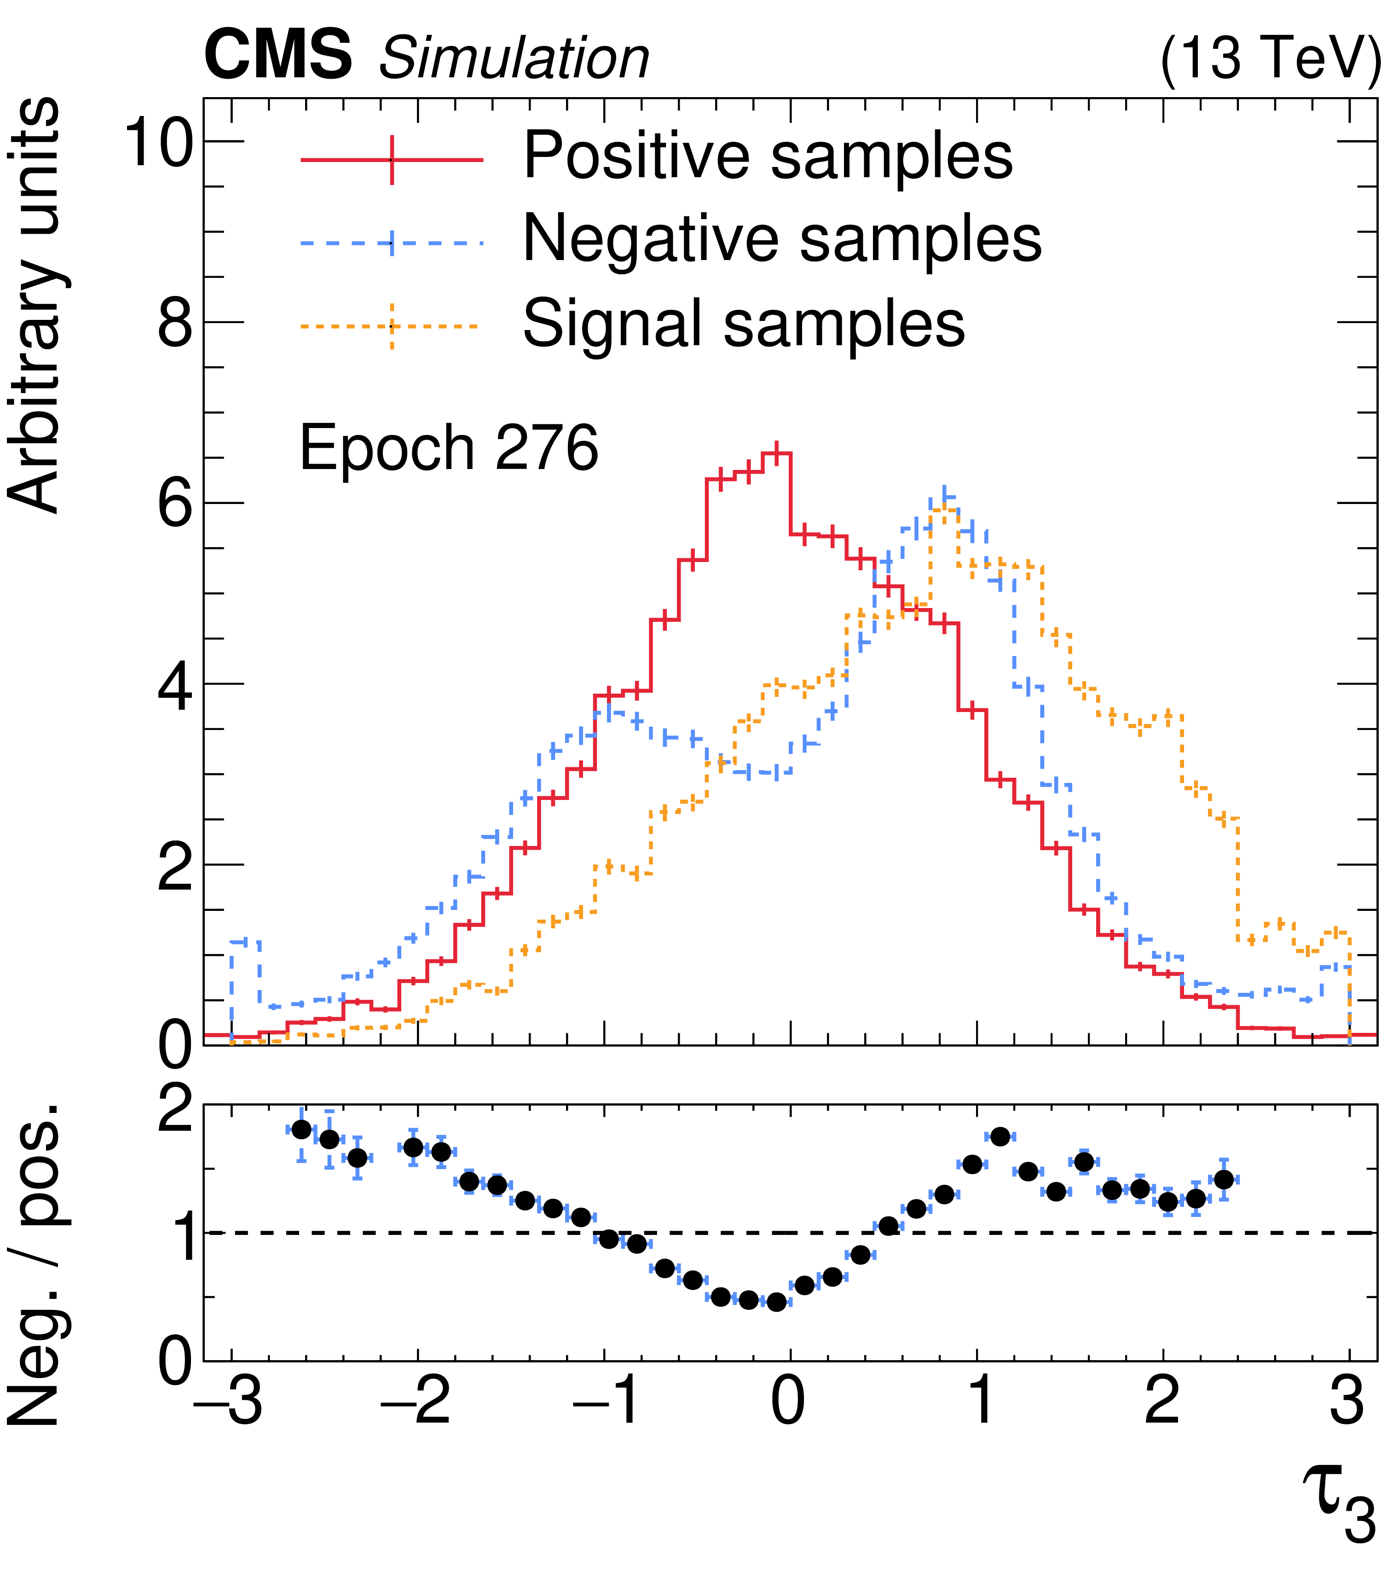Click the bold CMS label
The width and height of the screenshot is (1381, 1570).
pos(277,55)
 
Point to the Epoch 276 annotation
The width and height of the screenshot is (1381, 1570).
pos(448,448)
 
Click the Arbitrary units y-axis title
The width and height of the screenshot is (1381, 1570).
pos(35,306)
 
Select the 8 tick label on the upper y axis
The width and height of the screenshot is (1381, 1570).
pos(175,324)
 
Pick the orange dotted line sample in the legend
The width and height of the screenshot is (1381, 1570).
pos(392,326)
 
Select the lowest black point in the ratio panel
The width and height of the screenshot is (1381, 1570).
pos(776,1302)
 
